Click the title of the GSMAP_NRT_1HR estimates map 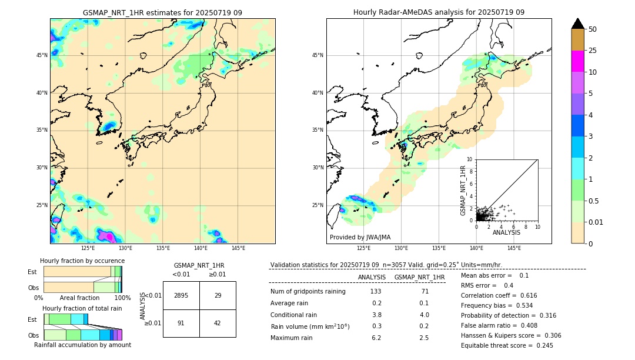162,12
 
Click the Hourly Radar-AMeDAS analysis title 439,12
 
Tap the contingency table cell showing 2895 181,295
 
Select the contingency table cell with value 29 218,295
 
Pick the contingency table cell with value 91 181,324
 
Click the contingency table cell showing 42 218,324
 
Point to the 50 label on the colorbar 593,29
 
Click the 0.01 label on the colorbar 596,222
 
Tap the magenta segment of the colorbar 577,61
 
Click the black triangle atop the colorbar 577,24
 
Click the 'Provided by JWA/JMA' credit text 360,238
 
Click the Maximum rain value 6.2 376,338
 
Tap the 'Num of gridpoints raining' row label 308,292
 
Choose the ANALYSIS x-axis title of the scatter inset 506,232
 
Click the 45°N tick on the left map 42,55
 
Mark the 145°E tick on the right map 514,248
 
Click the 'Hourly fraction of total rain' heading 82,308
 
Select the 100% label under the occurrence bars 122,298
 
